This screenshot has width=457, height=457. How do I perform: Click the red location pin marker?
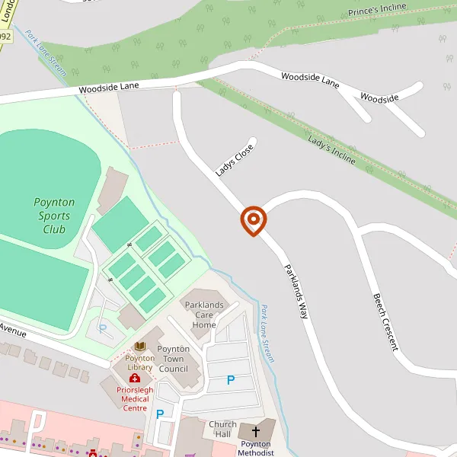[253, 220]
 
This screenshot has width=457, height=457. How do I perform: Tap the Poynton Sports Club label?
[54, 216]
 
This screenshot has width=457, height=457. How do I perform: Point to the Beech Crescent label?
[385, 321]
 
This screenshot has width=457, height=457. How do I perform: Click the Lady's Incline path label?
[331, 149]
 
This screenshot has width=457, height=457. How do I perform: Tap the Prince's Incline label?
[378, 11]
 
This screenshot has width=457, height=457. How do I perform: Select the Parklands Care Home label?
[204, 315]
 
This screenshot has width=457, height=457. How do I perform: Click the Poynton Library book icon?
[139, 347]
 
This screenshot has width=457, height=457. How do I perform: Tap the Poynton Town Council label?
[174, 359]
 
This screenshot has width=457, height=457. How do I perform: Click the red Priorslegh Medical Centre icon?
[135, 379]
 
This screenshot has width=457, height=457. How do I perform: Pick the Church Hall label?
[222, 429]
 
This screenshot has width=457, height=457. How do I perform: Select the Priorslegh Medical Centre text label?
[135, 398]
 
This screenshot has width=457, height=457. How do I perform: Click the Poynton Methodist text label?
[255, 448]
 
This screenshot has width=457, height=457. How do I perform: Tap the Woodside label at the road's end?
[379, 98]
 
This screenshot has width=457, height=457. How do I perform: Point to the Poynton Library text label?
[139, 363]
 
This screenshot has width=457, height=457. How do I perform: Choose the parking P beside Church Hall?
[160, 414]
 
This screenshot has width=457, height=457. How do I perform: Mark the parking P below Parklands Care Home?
[231, 379]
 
